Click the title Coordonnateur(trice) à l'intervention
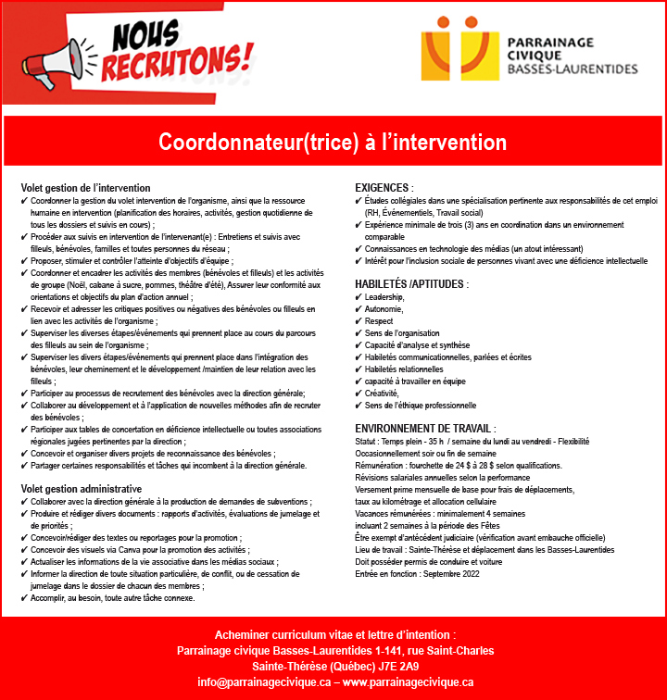[x=333, y=143]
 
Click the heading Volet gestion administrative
[x=82, y=488]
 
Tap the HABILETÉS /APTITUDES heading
[x=412, y=284]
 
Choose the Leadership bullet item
[x=385, y=297]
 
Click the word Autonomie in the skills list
[x=384, y=309]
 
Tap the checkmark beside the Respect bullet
[x=359, y=321]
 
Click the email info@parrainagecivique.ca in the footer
[x=263, y=681]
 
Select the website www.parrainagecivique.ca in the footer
[x=409, y=681]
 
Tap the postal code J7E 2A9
[x=397, y=666]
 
